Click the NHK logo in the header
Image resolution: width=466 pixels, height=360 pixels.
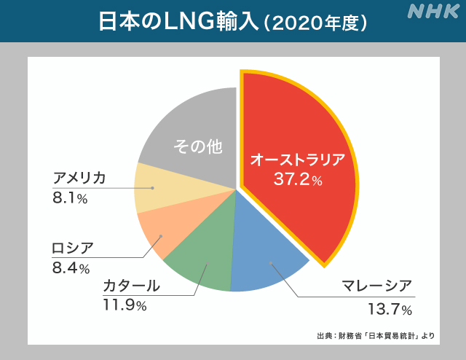click(x=433, y=12)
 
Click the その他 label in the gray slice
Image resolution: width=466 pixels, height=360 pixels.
click(x=197, y=146)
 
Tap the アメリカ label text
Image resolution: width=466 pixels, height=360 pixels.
click(x=79, y=179)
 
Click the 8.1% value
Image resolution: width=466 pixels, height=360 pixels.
click(x=70, y=197)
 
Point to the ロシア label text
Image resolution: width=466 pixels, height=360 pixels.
click(x=72, y=248)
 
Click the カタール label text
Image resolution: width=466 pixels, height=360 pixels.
click(x=131, y=286)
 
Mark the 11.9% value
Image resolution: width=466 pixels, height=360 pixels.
click(x=125, y=305)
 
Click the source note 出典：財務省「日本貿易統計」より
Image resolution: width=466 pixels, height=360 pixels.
click(x=376, y=336)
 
